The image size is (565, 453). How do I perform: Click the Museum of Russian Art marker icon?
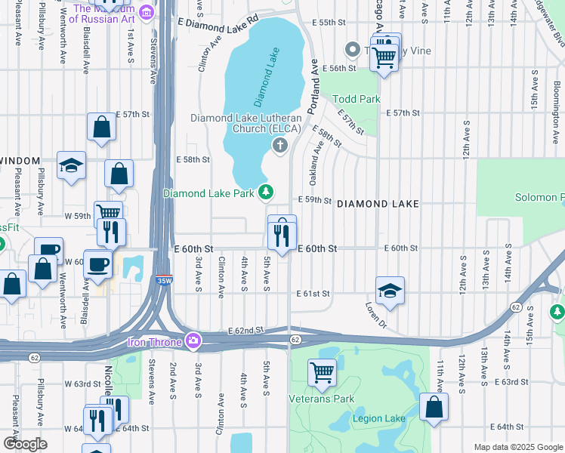click(x=147, y=11)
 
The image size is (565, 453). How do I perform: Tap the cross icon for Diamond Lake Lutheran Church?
click(x=279, y=145)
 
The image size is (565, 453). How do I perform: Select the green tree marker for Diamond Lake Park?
click(x=266, y=193)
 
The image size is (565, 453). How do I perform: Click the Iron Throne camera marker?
click(x=194, y=341)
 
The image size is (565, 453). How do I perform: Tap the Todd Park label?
click(x=357, y=99)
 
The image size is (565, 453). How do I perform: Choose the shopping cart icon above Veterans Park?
click(x=322, y=372)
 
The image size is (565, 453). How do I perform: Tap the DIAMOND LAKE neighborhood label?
click(x=377, y=204)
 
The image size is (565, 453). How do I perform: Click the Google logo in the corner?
click(x=25, y=444)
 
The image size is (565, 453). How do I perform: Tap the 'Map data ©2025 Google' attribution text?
click(x=517, y=447)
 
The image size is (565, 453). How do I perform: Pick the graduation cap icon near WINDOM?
click(x=71, y=166)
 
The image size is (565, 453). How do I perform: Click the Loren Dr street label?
click(x=375, y=312)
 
